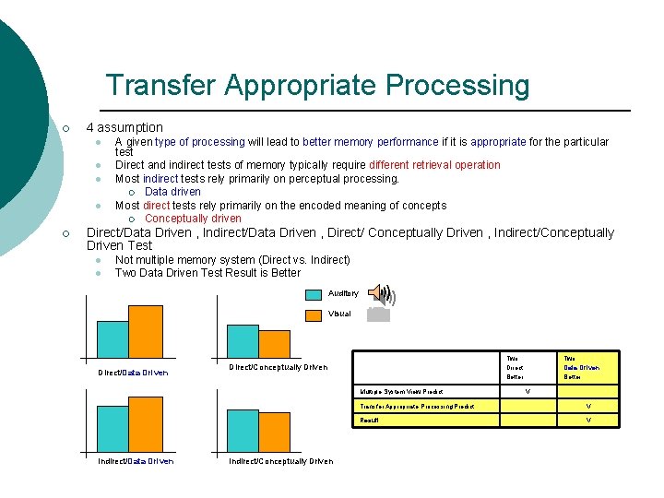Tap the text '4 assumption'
(x=124, y=127)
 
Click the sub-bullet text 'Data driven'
(x=172, y=192)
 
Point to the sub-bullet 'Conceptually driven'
(x=193, y=219)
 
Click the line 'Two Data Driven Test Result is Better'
(x=207, y=273)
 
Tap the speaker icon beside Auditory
(x=380, y=295)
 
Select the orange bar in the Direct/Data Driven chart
(x=145, y=331)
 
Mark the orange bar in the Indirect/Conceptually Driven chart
(x=274, y=430)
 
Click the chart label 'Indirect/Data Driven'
(x=136, y=461)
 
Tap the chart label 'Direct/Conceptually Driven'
(x=277, y=367)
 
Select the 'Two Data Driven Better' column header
(x=581, y=367)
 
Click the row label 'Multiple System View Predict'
(x=401, y=392)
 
